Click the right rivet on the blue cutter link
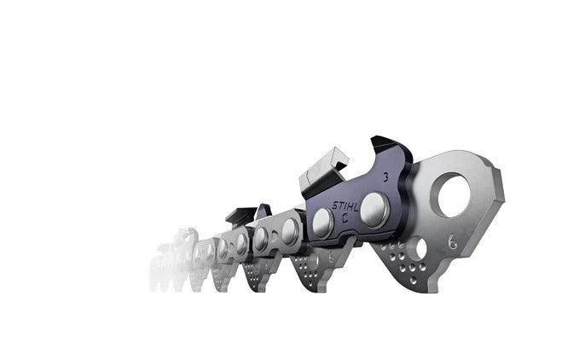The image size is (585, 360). (372, 209)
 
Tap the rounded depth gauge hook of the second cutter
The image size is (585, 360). (264, 211)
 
